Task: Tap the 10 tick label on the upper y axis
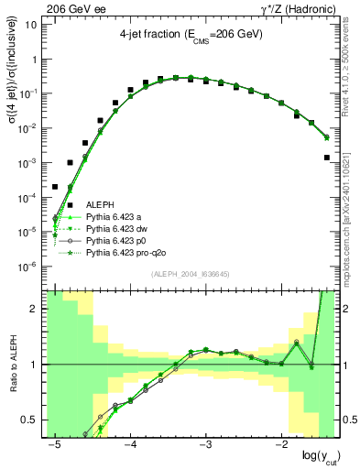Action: pos(33,25)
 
